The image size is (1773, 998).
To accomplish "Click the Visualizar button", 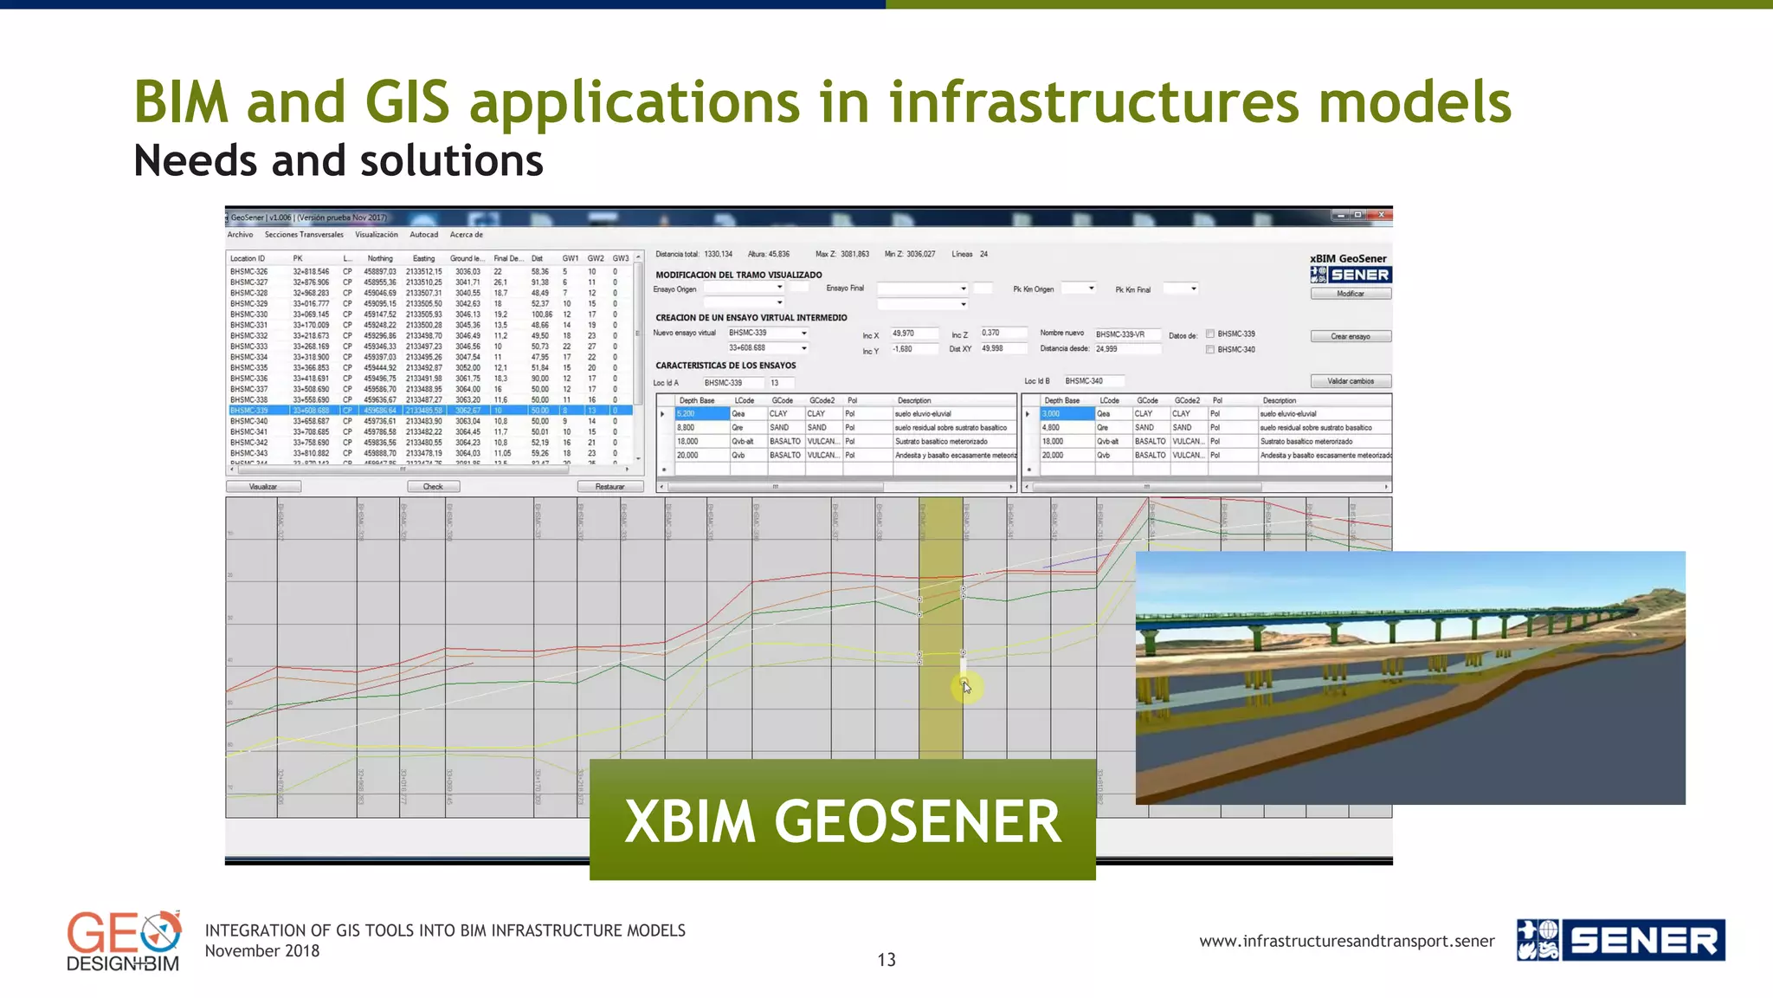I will (263, 487).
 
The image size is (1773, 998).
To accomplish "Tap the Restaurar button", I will (609, 487).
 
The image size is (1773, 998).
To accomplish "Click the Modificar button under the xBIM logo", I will (1351, 294).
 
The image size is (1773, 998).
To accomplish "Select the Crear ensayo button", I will (1351, 336).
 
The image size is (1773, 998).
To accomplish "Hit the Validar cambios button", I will (1351, 381).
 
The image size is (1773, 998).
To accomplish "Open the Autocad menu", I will (423, 235).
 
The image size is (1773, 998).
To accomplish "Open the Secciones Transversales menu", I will (304, 235).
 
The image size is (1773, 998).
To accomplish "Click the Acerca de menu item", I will (466, 235).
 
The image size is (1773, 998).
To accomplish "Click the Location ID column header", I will (248, 258).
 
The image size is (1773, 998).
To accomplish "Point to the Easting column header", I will (423, 258).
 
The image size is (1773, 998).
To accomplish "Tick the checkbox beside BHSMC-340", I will (1210, 350).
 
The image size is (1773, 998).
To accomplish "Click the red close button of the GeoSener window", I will (1382, 215).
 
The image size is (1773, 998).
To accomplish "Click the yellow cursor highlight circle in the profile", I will (966, 688).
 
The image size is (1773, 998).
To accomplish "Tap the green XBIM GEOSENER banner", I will (842, 820).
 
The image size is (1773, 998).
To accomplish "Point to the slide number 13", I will (886, 960).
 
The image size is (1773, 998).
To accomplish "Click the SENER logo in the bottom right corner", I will (1621, 941).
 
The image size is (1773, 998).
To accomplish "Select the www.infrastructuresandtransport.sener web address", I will (1346, 942).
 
